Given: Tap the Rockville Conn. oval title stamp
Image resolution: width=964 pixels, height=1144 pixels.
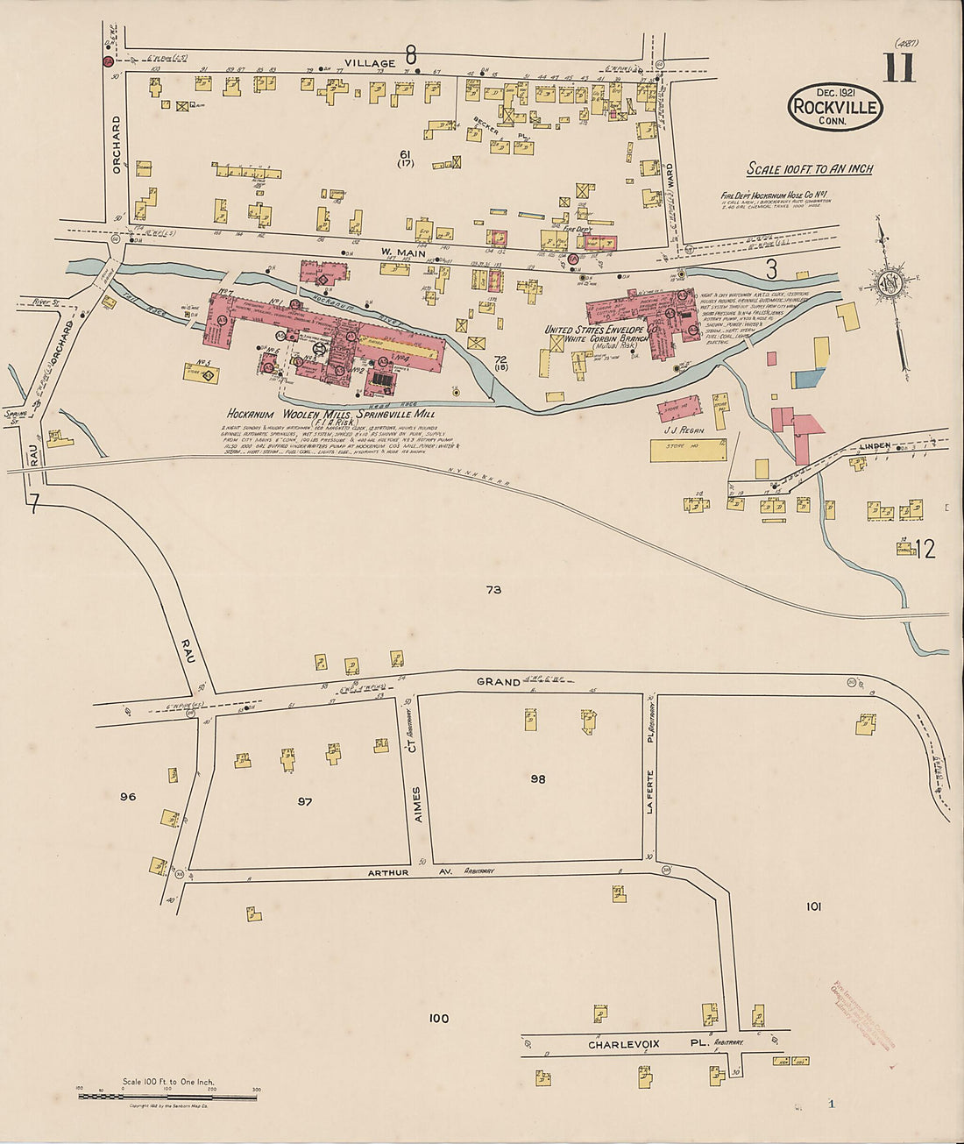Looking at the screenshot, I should [835, 107].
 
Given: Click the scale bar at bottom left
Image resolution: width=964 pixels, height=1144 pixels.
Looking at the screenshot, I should [167, 1096].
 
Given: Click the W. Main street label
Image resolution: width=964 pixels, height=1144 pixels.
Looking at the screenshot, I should [402, 253].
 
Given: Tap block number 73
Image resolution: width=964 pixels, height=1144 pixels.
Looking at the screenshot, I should [493, 590].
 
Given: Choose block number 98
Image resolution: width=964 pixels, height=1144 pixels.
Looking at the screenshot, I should [537, 778].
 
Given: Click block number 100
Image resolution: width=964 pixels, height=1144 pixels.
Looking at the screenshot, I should [438, 1018].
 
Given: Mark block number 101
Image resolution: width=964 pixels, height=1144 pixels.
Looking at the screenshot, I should [813, 906].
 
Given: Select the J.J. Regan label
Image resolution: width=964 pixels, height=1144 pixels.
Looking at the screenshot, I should [685, 430].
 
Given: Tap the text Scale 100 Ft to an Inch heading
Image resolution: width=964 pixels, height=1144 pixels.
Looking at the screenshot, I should [809, 168].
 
